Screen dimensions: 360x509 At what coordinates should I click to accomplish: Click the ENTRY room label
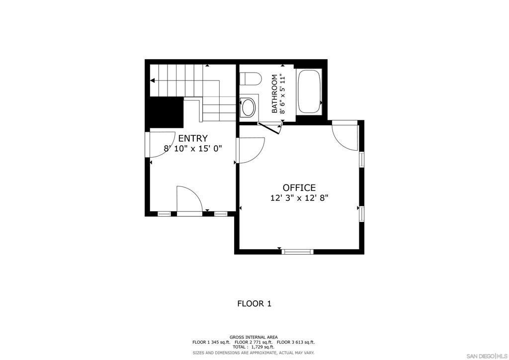pyautogui.click(x=193, y=138)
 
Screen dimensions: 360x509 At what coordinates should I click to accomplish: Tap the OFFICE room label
pyautogui.click(x=299, y=187)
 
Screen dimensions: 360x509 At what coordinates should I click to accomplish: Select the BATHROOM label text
pyautogui.click(x=274, y=93)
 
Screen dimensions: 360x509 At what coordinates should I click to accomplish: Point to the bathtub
pyautogui.click(x=309, y=92)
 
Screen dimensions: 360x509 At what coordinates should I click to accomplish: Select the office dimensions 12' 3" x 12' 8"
pyautogui.click(x=299, y=197)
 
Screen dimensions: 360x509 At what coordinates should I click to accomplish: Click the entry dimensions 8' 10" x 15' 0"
pyautogui.click(x=192, y=148)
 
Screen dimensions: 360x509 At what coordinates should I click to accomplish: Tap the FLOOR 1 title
pyautogui.click(x=254, y=303)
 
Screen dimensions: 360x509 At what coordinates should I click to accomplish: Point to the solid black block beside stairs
pyautogui.click(x=164, y=112)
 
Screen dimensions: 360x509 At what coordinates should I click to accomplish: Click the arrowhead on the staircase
pyautogui.click(x=153, y=80)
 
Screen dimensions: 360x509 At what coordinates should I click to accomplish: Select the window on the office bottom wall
pyautogui.click(x=297, y=252)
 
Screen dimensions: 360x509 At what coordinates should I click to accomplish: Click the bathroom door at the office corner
pyautogui.click(x=270, y=128)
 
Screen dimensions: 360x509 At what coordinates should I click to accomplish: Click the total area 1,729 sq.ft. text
pyautogui.click(x=254, y=347)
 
